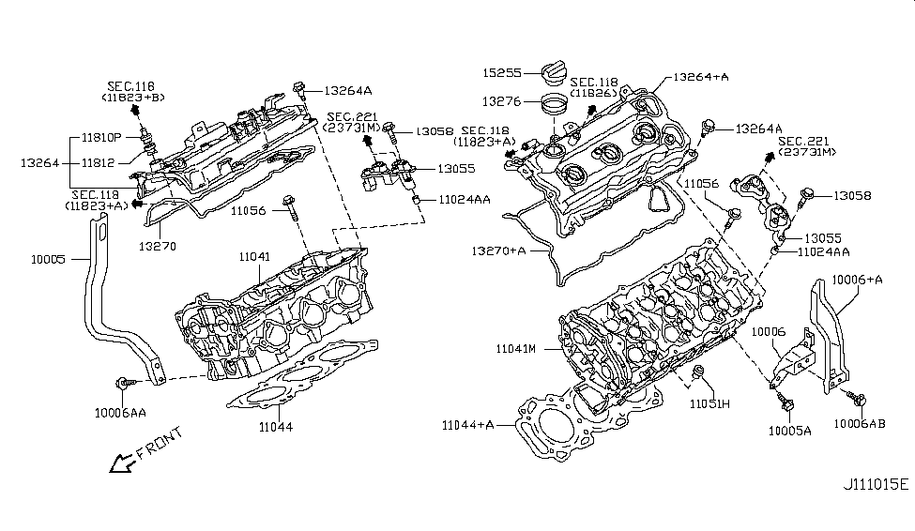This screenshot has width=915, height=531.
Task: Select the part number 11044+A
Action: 469,425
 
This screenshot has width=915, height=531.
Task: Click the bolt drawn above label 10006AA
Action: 125,383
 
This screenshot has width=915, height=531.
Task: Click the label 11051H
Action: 710,405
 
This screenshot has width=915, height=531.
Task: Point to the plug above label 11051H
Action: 698,375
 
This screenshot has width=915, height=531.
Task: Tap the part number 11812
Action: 99,162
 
